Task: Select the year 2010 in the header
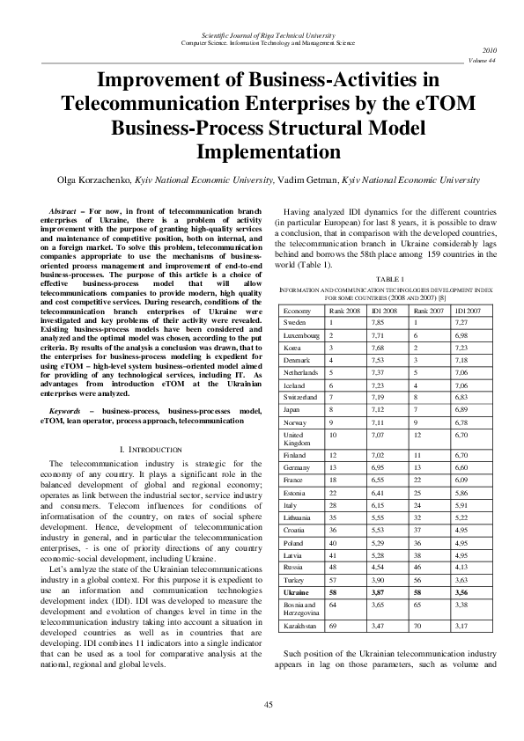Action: coord(491,51)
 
